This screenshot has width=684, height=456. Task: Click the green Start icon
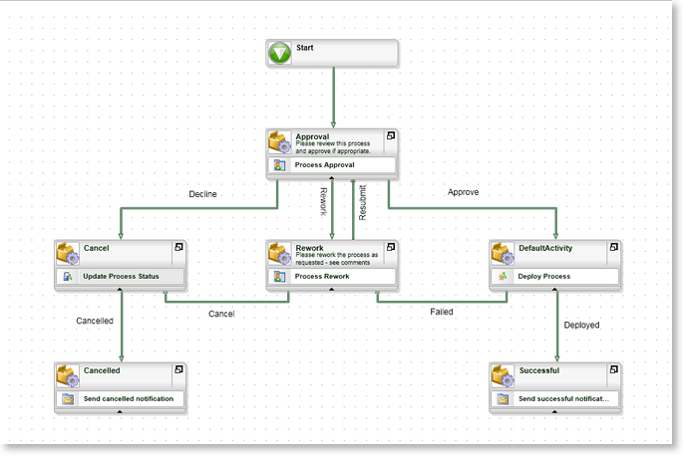279,53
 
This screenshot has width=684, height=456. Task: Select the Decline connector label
202,194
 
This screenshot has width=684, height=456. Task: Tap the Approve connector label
463,192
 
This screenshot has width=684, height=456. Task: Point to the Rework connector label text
324,202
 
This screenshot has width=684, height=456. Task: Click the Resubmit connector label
363,202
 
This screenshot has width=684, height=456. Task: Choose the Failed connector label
442,312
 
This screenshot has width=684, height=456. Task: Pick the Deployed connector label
581,325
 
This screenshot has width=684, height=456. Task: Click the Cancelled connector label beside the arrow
95,321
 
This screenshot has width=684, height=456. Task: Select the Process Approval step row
331,165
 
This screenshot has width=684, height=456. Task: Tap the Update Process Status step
121,277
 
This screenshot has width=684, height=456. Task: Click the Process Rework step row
331,277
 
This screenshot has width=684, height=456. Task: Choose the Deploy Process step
554,277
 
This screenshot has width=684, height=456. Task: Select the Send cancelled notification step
121,399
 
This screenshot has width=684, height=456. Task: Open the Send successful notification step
554,399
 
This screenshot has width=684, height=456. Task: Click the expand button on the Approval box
391,135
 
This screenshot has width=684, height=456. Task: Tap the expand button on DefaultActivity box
614,247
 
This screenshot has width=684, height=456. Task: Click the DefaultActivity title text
545,248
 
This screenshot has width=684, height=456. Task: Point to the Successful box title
539,370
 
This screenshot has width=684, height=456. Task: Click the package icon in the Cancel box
68,254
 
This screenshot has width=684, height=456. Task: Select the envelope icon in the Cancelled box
68,399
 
